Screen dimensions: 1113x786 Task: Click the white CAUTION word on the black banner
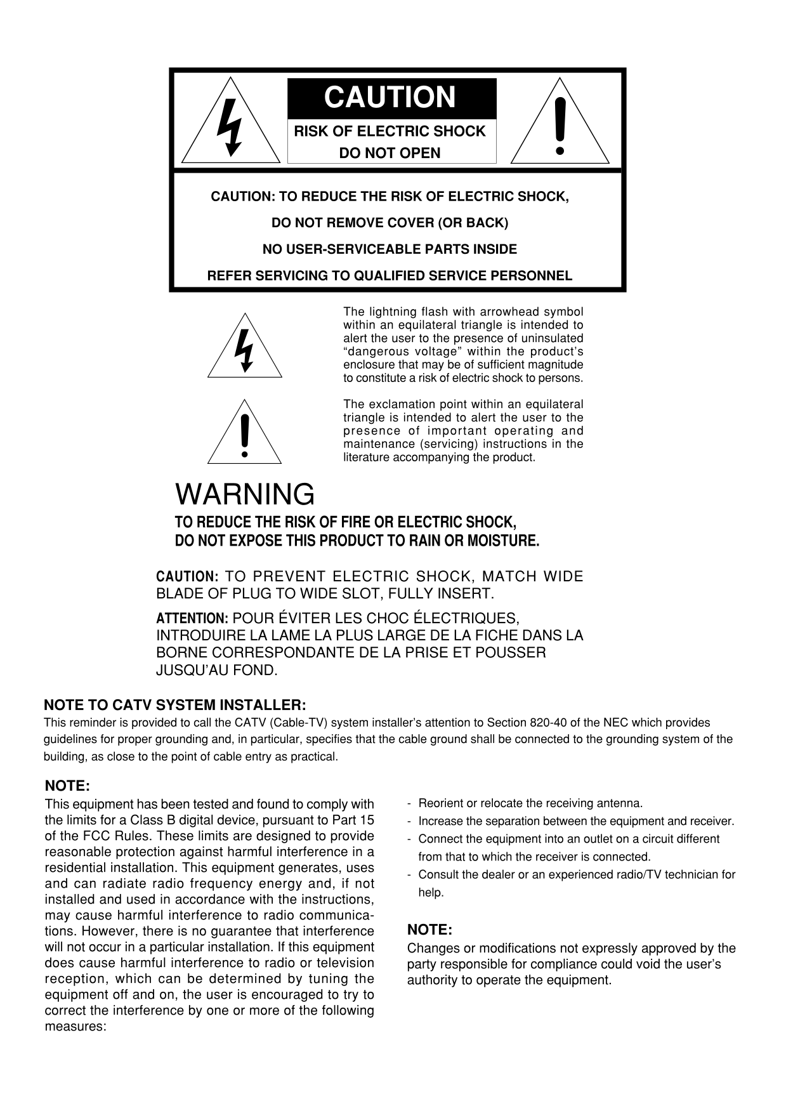390,98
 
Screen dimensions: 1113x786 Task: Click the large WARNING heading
245,494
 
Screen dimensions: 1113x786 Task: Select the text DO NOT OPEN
390,153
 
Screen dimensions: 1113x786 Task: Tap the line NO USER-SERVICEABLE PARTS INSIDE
390,249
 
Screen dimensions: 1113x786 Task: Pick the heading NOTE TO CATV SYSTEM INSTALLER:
175,705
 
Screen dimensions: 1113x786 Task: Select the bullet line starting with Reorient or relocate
530,803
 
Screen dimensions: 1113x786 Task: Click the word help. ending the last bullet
431,893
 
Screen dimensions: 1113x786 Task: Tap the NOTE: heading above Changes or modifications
429,930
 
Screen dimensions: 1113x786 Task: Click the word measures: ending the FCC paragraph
75,1027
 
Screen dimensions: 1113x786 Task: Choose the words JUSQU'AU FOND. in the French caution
217,671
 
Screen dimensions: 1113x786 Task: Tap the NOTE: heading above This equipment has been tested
68,786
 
